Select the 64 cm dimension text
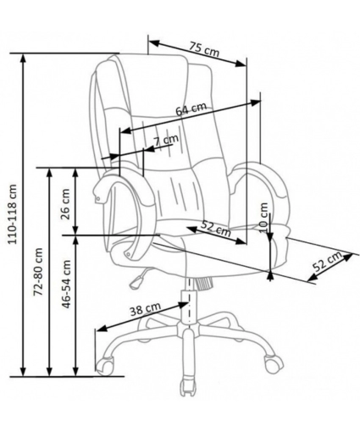point(191,108)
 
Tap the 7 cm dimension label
point(166,140)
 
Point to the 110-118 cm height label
point(12,214)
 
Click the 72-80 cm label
point(38,272)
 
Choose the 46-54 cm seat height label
point(66,284)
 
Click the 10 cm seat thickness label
point(263,218)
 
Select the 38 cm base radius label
point(145,309)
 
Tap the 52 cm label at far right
point(328,261)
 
